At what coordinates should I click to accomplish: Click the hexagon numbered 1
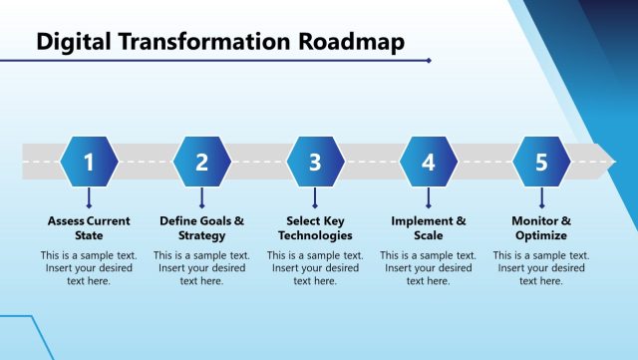click(x=89, y=162)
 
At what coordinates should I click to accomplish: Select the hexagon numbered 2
click(x=202, y=162)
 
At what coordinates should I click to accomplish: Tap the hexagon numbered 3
click(x=315, y=162)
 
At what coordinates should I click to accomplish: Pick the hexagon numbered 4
click(x=429, y=162)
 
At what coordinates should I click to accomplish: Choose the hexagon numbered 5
click(x=541, y=162)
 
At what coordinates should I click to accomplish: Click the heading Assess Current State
click(x=89, y=228)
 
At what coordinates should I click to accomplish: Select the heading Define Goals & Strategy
click(x=202, y=228)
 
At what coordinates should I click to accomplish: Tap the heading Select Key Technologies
click(x=315, y=228)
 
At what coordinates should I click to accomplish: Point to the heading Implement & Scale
click(x=429, y=228)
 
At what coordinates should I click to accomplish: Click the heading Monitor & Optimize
click(x=541, y=228)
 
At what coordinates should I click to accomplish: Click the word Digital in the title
click(x=74, y=41)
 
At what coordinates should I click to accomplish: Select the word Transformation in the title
click(x=203, y=41)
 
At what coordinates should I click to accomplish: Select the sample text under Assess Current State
click(x=89, y=268)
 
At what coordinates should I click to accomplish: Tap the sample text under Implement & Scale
click(x=429, y=268)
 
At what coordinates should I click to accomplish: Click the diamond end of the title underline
click(x=429, y=60)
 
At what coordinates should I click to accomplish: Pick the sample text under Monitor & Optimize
click(x=541, y=268)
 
